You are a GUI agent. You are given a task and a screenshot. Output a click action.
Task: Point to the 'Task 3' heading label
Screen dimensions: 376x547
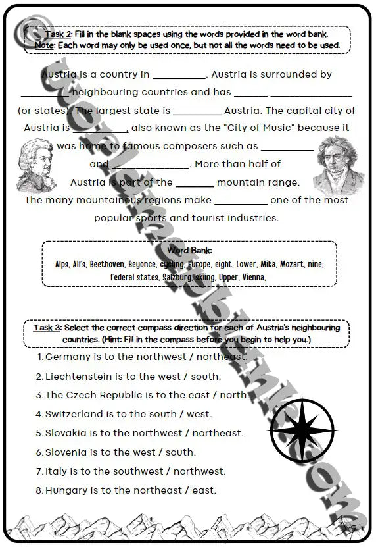(47, 328)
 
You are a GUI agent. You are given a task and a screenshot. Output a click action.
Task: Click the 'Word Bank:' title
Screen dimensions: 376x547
(189, 251)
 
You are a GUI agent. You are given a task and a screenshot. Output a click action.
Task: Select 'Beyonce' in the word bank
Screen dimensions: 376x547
(142, 264)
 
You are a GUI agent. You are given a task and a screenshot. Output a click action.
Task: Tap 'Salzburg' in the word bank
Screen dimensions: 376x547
(177, 277)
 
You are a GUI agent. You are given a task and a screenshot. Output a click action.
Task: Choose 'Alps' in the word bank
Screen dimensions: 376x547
(62, 264)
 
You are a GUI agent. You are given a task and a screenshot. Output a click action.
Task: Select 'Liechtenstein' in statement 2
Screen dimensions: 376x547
(80, 376)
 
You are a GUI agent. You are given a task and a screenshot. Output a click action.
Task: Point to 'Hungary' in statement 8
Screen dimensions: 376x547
(66, 490)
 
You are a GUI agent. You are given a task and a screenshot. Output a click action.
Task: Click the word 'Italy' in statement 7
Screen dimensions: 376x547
(55, 471)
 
